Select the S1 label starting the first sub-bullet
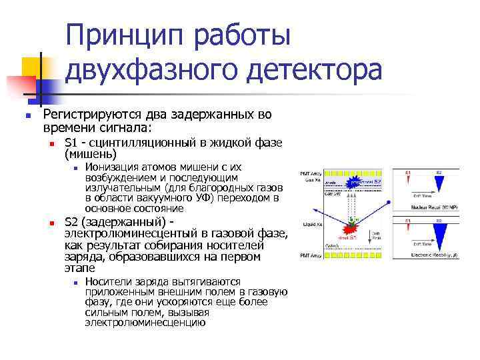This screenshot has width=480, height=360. [x=71, y=143]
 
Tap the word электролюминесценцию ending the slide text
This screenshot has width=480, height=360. [x=145, y=323]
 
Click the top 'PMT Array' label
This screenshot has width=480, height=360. [x=311, y=173]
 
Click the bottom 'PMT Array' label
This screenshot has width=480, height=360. [x=311, y=255]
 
